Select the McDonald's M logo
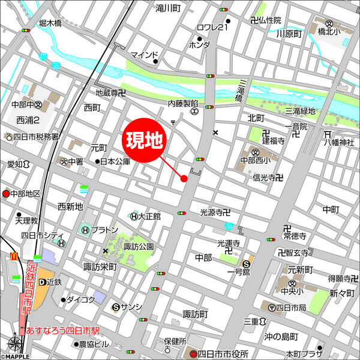click(x=13, y=257)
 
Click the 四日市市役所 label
click(x=223, y=353)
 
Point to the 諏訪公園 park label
click(x=139, y=247)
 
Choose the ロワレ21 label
click(x=213, y=28)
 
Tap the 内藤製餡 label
click(x=183, y=103)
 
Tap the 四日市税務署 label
click(x=36, y=137)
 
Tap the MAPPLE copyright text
click(x=16, y=356)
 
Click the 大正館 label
click(x=149, y=216)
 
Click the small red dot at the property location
click(x=184, y=178)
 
